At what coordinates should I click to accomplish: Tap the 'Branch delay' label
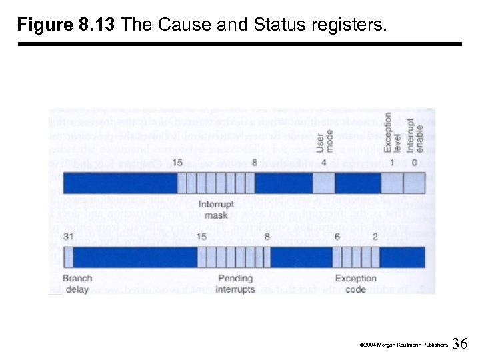point(77,283)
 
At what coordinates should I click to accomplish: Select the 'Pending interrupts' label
point(235,283)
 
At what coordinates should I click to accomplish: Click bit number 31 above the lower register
point(68,236)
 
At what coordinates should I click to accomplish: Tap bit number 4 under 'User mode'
point(323,163)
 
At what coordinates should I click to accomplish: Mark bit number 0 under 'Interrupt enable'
point(414,163)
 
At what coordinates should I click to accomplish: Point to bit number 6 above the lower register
point(337,236)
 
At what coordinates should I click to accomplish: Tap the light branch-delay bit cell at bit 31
point(67,257)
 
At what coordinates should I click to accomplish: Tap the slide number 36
point(460,343)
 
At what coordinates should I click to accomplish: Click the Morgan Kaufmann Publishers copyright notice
point(403,345)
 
